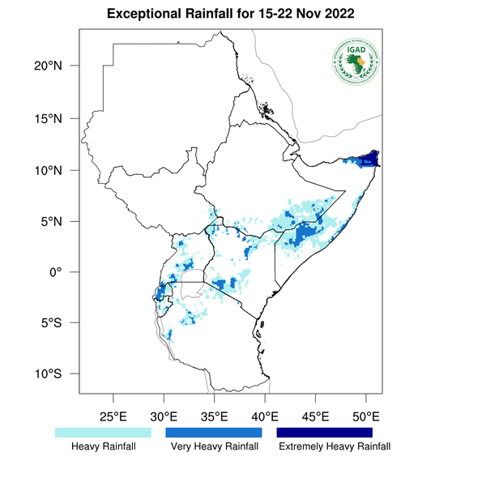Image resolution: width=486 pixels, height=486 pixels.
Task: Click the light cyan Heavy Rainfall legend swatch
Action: pos(103,433)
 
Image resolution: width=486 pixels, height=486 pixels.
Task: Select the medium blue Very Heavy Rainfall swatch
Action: pos(214,433)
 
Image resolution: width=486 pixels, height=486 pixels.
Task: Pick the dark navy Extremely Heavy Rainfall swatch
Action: pos(324,433)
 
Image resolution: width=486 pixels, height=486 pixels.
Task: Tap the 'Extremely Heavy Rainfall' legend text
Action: pos(334,446)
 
